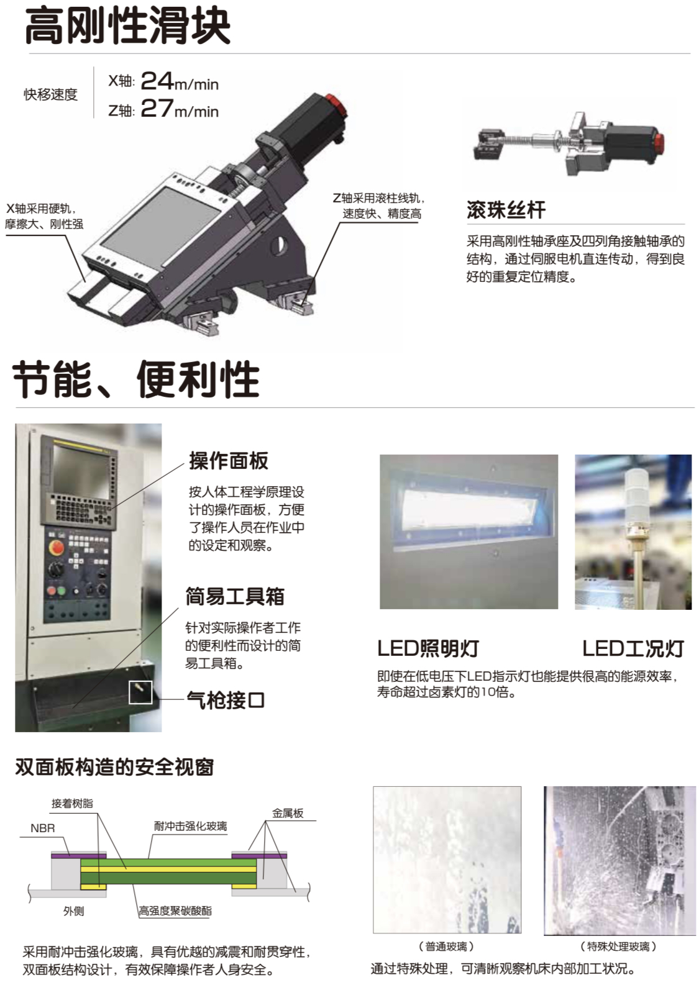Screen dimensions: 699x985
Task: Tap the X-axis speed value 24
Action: pyautogui.click(x=157, y=81)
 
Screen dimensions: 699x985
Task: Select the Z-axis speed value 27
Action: pyautogui.click(x=157, y=108)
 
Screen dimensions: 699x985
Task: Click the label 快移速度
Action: pyautogui.click(x=50, y=94)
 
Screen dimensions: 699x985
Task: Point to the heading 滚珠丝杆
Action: pyautogui.click(x=506, y=210)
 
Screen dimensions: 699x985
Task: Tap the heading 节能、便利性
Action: pyautogui.click(x=136, y=379)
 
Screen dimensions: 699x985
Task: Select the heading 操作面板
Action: pyautogui.click(x=228, y=461)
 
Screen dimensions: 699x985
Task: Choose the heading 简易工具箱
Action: pyautogui.click(x=234, y=596)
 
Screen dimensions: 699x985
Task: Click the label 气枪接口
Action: pyautogui.click(x=225, y=700)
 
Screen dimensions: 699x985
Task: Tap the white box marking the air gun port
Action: pyautogui.click(x=140, y=692)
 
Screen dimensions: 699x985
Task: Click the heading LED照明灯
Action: pyautogui.click(x=428, y=648)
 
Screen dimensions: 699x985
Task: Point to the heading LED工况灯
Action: pyautogui.click(x=633, y=648)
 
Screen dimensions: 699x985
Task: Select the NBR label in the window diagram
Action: pyautogui.click(x=43, y=828)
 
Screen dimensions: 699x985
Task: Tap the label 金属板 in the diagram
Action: pyautogui.click(x=288, y=814)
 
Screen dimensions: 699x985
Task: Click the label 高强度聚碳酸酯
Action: pyautogui.click(x=175, y=910)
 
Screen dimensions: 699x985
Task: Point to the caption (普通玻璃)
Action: pyautogui.click(x=447, y=946)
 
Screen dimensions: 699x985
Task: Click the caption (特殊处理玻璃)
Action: pyautogui.click(x=618, y=946)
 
